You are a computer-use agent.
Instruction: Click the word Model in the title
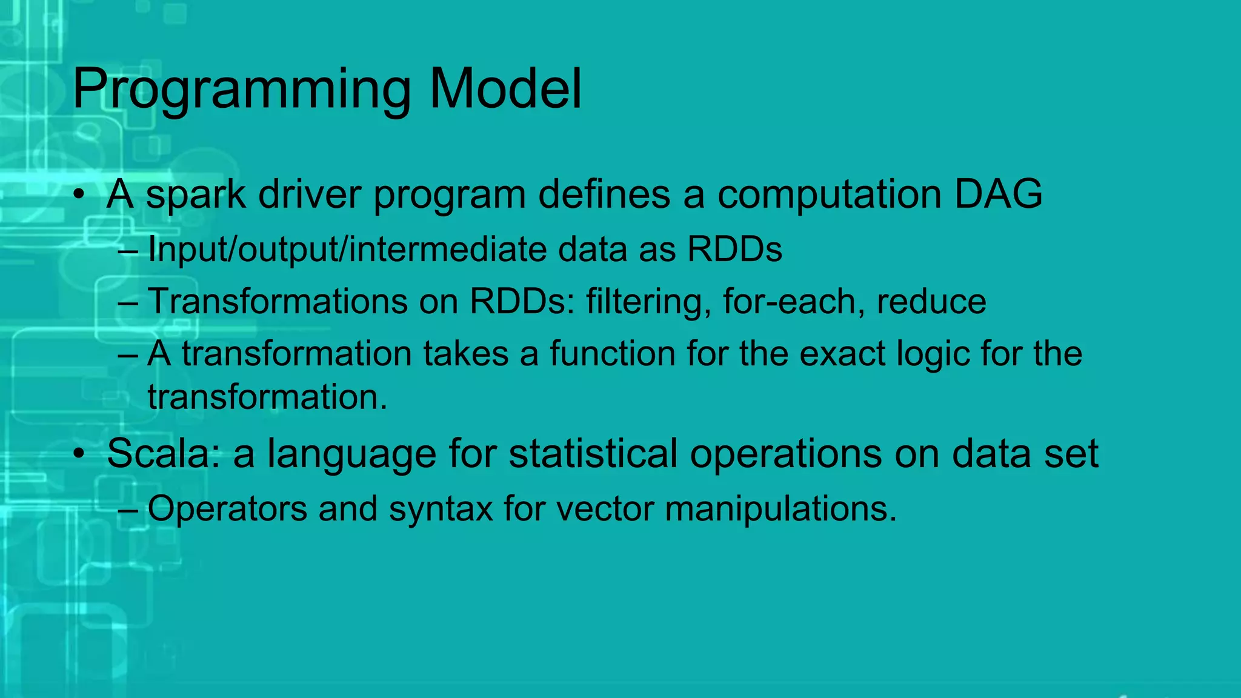pyautogui.click(x=505, y=88)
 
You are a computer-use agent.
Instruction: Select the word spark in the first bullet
pyautogui.click(x=196, y=195)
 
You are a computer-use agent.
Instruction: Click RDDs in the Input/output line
pyautogui.click(x=734, y=249)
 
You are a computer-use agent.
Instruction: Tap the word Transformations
pyautogui.click(x=278, y=301)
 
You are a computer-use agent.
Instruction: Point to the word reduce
pyautogui.click(x=931, y=301)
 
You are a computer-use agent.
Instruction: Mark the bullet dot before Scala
pyautogui.click(x=79, y=454)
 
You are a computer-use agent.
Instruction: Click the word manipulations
pyautogui.click(x=780, y=508)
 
